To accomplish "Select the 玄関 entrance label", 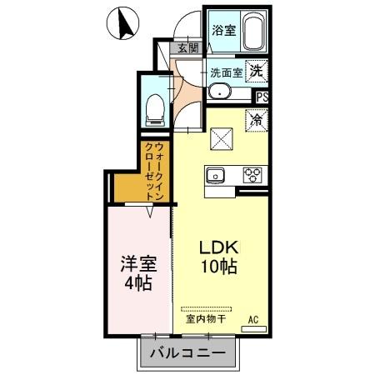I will click(x=188, y=48).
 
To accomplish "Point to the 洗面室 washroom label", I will click(x=226, y=72).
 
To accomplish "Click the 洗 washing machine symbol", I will click(x=258, y=71).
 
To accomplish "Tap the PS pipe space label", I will click(x=262, y=97).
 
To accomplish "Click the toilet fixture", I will click(x=154, y=106).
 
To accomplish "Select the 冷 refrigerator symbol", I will click(x=256, y=118).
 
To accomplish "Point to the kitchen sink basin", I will click(x=215, y=175).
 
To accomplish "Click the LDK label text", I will click(x=217, y=248).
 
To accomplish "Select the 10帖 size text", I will click(x=218, y=268).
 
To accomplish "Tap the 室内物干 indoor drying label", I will click(x=205, y=317).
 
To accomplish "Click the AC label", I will click(x=252, y=318).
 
